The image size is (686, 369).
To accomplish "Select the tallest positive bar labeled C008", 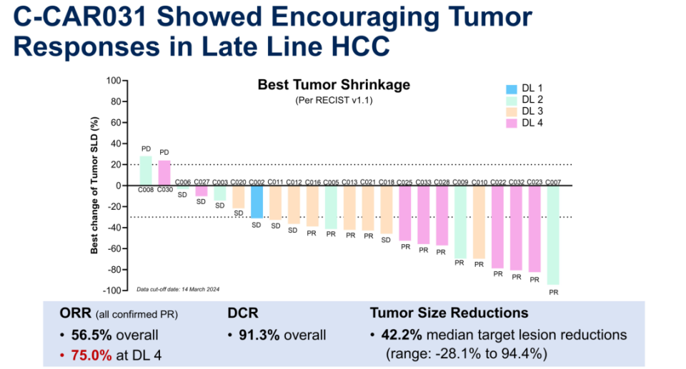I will (x=146, y=171).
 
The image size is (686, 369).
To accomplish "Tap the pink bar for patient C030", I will (x=164, y=173).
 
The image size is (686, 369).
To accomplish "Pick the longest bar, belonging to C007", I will (x=553, y=235).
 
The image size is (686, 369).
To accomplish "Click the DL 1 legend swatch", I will (x=511, y=89).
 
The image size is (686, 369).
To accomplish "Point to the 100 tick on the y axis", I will (x=114, y=81).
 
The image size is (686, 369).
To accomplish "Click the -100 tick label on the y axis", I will (x=112, y=290).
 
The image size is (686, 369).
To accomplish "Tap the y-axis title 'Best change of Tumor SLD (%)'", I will (x=94, y=186).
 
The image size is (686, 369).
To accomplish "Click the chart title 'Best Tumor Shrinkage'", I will (x=334, y=85).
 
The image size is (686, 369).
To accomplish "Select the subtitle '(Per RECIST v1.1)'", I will (x=334, y=101).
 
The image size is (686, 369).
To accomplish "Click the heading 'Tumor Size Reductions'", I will (x=449, y=313).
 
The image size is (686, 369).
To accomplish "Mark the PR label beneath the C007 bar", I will (x=553, y=293).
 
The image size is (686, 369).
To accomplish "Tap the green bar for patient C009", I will (x=461, y=222).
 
